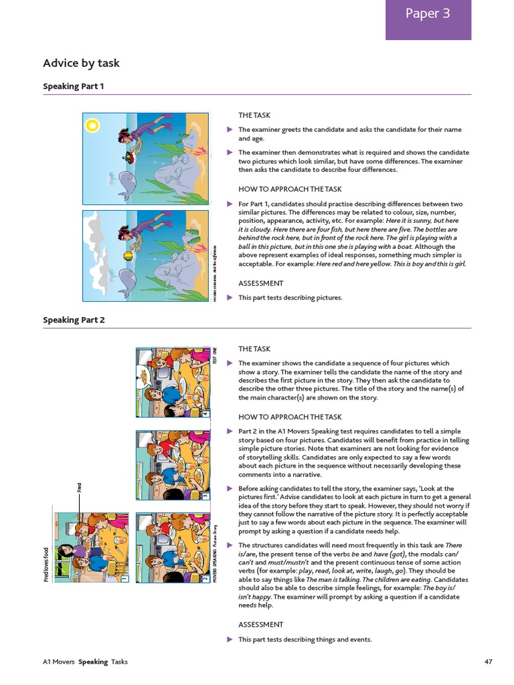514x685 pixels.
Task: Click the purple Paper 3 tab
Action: click(x=428, y=14)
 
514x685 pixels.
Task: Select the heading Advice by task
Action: click(x=81, y=64)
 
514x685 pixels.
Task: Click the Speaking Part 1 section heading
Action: click(x=74, y=86)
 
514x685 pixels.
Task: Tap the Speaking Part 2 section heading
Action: click(x=74, y=320)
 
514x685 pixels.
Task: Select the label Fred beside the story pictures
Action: click(x=78, y=488)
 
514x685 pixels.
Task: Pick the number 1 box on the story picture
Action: click(x=124, y=577)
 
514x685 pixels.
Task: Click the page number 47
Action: click(x=488, y=662)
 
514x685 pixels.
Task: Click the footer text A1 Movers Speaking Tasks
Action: click(x=85, y=662)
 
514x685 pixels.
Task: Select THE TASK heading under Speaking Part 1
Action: click(x=254, y=116)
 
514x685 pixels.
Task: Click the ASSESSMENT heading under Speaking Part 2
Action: click(x=261, y=624)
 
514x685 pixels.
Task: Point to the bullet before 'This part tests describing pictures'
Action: click(x=230, y=298)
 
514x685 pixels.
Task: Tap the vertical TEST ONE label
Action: click(x=215, y=355)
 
